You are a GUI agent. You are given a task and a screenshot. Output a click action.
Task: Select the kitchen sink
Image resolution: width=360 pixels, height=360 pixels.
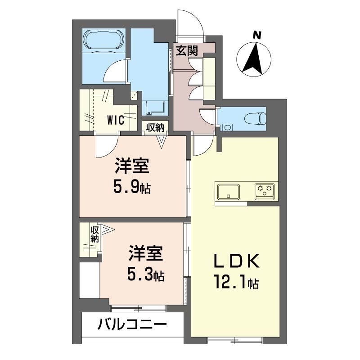[229, 192]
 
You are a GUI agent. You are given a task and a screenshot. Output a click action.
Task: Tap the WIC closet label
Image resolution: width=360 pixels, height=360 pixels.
[116, 120]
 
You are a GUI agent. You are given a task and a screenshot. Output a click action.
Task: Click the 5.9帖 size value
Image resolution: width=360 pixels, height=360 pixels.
[131, 186]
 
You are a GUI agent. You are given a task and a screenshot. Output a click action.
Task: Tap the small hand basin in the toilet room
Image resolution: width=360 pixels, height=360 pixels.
[227, 127]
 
